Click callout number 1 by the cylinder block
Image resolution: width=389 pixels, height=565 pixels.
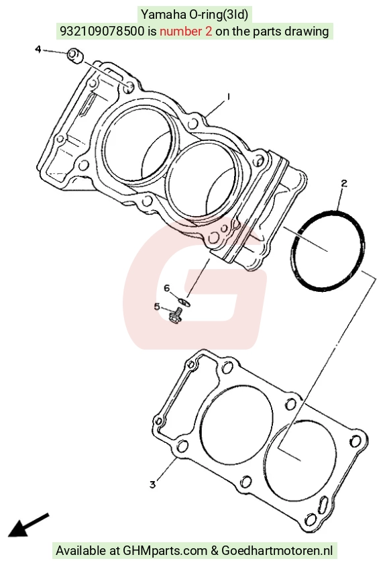(x=228, y=97)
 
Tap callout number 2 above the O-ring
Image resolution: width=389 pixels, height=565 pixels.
(x=344, y=183)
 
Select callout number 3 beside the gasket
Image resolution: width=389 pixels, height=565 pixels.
(x=153, y=484)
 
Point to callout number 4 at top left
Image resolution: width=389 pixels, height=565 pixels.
(x=38, y=49)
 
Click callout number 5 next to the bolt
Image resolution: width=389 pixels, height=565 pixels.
(x=157, y=307)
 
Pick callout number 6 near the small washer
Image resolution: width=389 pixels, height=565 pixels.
(x=167, y=289)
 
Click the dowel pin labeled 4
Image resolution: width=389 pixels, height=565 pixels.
(x=75, y=56)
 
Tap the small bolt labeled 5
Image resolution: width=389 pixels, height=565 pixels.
(x=176, y=315)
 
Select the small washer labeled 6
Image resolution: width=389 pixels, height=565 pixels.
(x=184, y=301)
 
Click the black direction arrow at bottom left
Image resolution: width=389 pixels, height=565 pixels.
(x=28, y=524)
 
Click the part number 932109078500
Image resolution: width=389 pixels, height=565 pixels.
(x=102, y=32)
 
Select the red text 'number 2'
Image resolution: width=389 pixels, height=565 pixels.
(x=186, y=32)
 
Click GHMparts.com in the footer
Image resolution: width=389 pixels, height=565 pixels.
(x=165, y=551)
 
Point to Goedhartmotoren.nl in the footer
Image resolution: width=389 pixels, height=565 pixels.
(x=276, y=550)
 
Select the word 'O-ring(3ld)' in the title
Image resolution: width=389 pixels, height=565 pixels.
(x=217, y=15)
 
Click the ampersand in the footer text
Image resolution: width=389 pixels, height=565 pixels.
(x=215, y=551)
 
